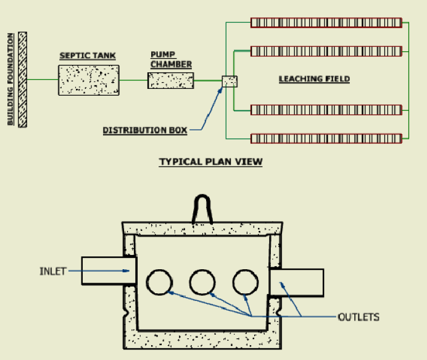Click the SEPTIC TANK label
pyautogui.click(x=87, y=56)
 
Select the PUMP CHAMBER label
pyautogui.click(x=171, y=59)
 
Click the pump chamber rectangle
pyautogui.click(x=170, y=80)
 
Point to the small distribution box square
pyautogui.click(x=230, y=82)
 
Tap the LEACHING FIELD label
pyautogui.click(x=314, y=79)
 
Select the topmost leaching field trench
pyautogui.click(x=326, y=23)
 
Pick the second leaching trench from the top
pyautogui.click(x=326, y=50)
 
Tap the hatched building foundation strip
pyautogui.click(x=23, y=80)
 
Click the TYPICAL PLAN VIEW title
pyautogui.click(x=211, y=162)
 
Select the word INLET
pyautogui.click(x=52, y=271)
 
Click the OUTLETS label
pyautogui.click(x=359, y=317)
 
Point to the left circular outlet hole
pyautogui.click(x=159, y=283)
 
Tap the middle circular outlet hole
pyautogui.click(x=202, y=283)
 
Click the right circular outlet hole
pyautogui.click(x=246, y=283)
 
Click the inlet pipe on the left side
pyautogui.click(x=109, y=271)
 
